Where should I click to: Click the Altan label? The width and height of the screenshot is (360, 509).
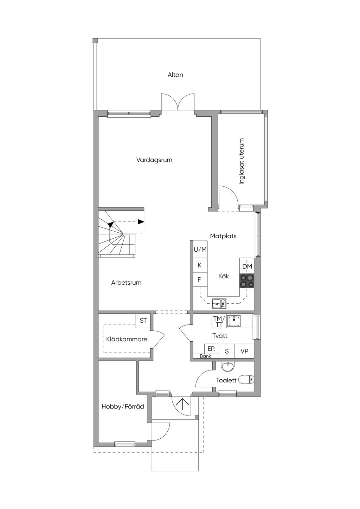(175, 75)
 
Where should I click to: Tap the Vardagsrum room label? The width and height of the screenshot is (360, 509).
(154, 160)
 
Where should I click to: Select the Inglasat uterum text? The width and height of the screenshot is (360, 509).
(242, 161)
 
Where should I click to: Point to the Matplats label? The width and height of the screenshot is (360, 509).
(223, 236)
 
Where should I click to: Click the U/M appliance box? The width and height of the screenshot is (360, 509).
(200, 249)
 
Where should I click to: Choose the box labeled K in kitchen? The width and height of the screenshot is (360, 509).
(200, 265)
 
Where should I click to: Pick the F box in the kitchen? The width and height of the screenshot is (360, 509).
(200, 279)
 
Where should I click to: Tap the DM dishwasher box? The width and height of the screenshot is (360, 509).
(247, 266)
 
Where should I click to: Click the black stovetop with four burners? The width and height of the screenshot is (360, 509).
(247, 281)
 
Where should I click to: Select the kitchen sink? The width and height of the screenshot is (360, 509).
(219, 304)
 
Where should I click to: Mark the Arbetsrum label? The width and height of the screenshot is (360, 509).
(126, 283)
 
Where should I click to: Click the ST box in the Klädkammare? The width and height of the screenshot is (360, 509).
(143, 321)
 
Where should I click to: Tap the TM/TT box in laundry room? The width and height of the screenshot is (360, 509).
(219, 321)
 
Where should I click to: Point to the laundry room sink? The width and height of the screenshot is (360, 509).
(234, 321)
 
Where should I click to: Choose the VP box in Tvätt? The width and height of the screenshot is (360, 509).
(244, 351)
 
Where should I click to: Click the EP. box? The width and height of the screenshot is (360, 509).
(212, 349)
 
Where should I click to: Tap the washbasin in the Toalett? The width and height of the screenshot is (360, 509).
(228, 367)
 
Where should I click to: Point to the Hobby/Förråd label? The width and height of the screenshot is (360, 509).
(123, 406)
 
